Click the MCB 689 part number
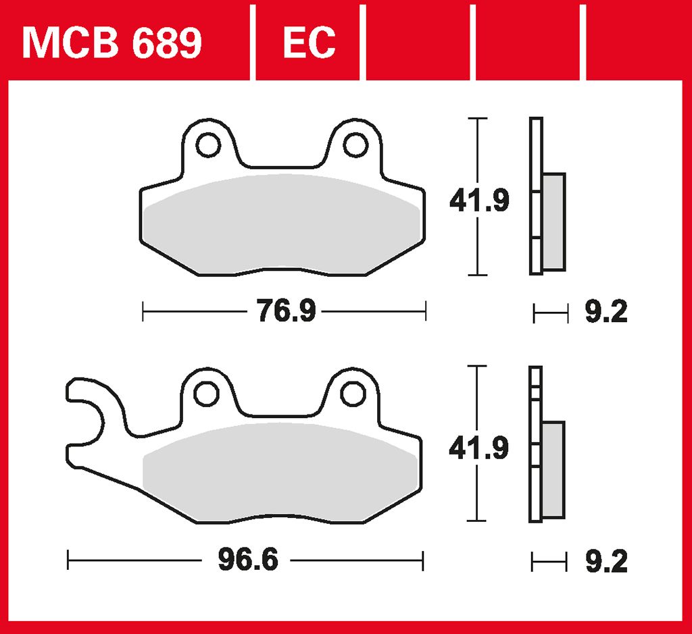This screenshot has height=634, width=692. coord(112,43)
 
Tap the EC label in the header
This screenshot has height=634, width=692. coord(310,43)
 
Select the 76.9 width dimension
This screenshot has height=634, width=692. coord(287,311)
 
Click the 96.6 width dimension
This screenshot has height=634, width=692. coord(249,560)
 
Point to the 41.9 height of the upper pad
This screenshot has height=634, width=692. coord(479,200)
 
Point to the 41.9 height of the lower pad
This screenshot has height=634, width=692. coord(479,448)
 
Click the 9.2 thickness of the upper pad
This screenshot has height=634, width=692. coord(606,312)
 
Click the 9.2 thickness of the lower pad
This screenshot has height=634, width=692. coord(606,561)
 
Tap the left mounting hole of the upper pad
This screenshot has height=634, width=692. coord(208,144)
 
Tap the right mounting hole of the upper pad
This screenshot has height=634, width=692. coord(355,144)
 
